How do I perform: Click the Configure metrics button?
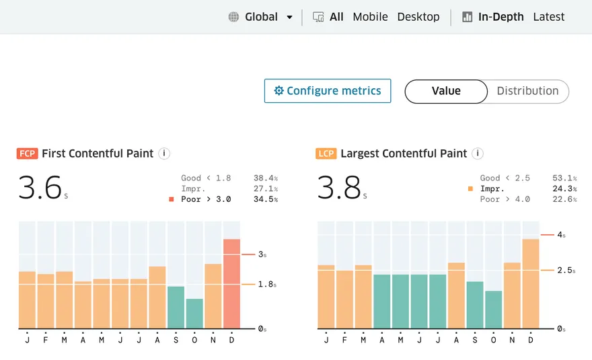click(x=328, y=91)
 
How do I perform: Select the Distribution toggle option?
click(x=527, y=91)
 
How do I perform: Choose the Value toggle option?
click(x=446, y=91)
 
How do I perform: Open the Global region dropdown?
click(x=261, y=17)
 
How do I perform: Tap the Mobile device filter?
click(x=370, y=17)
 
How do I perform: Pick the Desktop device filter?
click(x=418, y=17)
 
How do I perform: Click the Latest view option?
click(x=548, y=17)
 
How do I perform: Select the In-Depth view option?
click(x=501, y=17)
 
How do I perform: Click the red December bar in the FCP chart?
click(x=231, y=284)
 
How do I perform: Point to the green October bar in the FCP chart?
click(x=194, y=314)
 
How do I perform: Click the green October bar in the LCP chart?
click(x=493, y=310)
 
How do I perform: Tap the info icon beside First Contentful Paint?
click(x=164, y=153)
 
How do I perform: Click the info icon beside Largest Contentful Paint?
click(x=478, y=153)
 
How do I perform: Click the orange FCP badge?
click(x=27, y=153)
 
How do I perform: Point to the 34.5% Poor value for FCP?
click(x=265, y=199)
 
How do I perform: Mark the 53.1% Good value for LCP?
click(x=564, y=178)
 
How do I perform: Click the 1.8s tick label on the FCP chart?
click(x=267, y=285)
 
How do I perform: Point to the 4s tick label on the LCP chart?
click(x=561, y=235)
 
